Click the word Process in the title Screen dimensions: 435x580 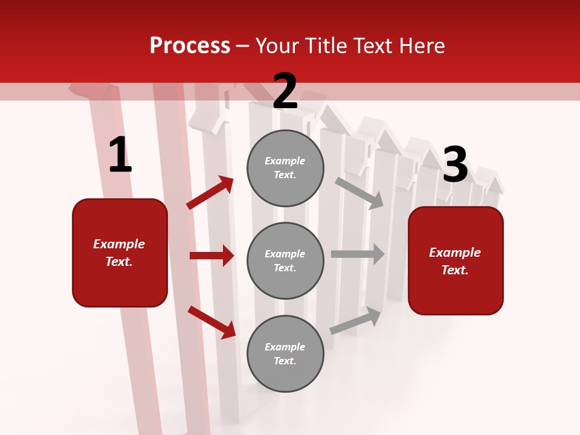(190, 46)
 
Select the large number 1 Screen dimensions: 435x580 (120, 155)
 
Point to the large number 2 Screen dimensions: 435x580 (285, 91)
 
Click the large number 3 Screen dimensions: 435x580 (455, 165)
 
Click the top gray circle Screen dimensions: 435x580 (285, 168)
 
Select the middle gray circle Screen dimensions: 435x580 (285, 260)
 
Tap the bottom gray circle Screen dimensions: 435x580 (285, 353)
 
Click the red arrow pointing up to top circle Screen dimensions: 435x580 (210, 193)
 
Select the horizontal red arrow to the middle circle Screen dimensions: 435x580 (211, 256)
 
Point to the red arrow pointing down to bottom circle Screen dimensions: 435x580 (211, 321)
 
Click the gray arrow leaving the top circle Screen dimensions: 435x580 (359, 193)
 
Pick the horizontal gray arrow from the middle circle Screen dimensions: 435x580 (358, 254)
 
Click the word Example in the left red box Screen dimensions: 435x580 (119, 244)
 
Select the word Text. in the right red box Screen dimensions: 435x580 (455, 270)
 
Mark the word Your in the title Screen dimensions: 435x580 (277, 46)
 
